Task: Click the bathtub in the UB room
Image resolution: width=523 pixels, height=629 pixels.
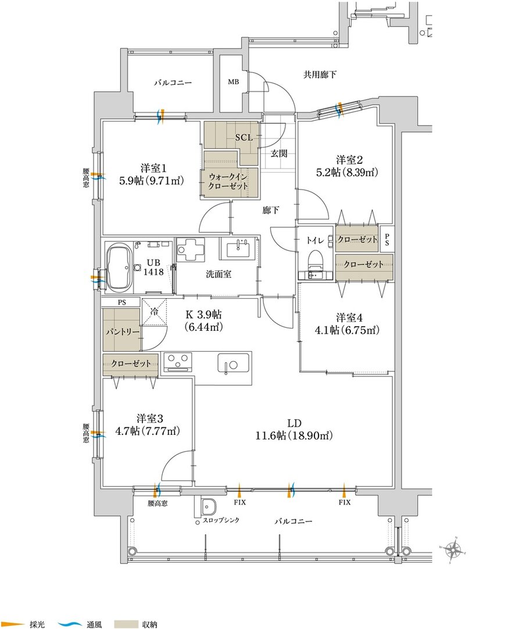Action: click(x=119, y=267)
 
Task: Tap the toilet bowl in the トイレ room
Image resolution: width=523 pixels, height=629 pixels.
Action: click(x=316, y=260)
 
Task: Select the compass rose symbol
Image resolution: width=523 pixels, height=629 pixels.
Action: click(x=454, y=549)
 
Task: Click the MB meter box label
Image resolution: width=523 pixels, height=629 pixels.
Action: click(x=234, y=82)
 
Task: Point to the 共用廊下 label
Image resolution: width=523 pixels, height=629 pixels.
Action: click(x=320, y=74)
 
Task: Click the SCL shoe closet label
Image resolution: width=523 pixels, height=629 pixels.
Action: click(x=244, y=138)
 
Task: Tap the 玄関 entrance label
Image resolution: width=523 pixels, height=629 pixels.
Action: click(x=278, y=153)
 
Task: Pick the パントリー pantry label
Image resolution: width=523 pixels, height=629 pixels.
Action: click(x=123, y=332)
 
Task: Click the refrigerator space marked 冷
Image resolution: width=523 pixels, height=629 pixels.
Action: click(x=154, y=311)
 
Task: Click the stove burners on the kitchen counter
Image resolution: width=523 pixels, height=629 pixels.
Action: click(x=177, y=362)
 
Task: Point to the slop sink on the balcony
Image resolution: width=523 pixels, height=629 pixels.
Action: click(x=208, y=508)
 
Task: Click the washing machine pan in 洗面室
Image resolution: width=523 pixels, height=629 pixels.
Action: click(x=189, y=249)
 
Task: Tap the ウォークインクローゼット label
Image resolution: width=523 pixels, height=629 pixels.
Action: click(x=227, y=181)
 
